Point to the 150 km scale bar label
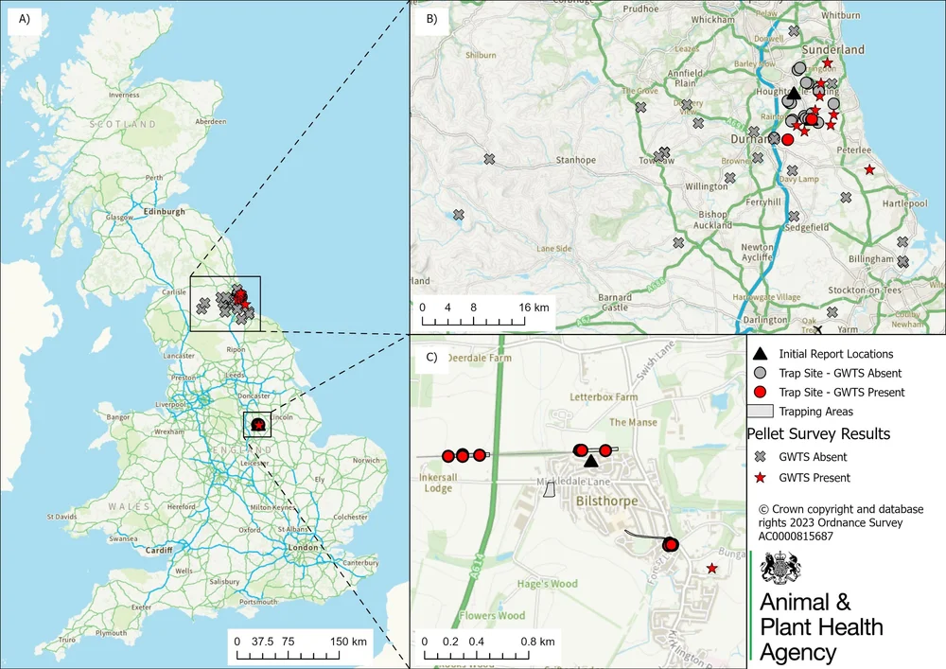(347, 642)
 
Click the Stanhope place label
(576, 160)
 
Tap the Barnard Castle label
(615, 303)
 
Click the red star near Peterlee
(869, 169)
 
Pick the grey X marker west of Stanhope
(489, 159)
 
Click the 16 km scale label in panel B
(533, 308)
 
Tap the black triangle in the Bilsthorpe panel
(591, 461)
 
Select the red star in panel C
(711, 569)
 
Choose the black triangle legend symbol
(760, 354)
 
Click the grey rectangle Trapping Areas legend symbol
(760, 412)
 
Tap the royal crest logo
(781, 572)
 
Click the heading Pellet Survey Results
(818, 434)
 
